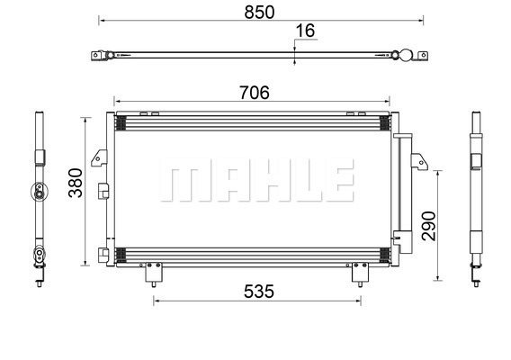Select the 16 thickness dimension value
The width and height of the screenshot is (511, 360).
pos(305,31)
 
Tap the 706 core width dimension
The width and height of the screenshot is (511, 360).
pos(254,93)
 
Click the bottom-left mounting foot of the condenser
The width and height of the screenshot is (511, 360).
pos(154,273)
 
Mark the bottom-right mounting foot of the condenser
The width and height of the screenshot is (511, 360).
pos(360,273)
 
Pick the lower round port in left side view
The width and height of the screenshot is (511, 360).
pos(39,254)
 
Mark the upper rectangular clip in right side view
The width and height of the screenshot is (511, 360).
pos(477,159)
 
